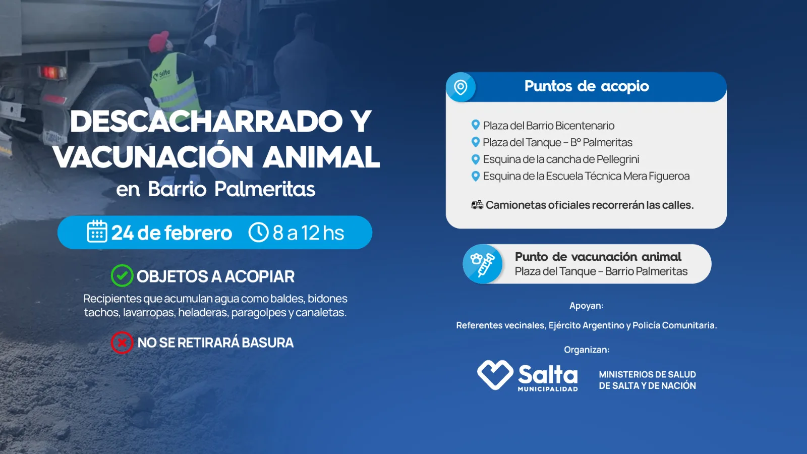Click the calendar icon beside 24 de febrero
click(x=97, y=232)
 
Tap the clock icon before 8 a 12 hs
click(x=258, y=232)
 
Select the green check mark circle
click(x=122, y=275)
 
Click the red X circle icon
click(x=122, y=343)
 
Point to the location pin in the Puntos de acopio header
click(x=460, y=87)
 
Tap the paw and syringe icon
click(x=483, y=264)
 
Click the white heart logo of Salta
click(x=495, y=375)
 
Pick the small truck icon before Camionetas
click(x=477, y=205)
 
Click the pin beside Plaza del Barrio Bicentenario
click(x=476, y=125)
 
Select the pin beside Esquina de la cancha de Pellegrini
click(x=476, y=159)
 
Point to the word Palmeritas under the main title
click(x=265, y=189)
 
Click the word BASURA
click(x=267, y=343)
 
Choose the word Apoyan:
click(x=587, y=306)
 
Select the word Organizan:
click(x=587, y=350)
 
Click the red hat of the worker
click(x=159, y=40)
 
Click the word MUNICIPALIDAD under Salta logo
click(x=548, y=389)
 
